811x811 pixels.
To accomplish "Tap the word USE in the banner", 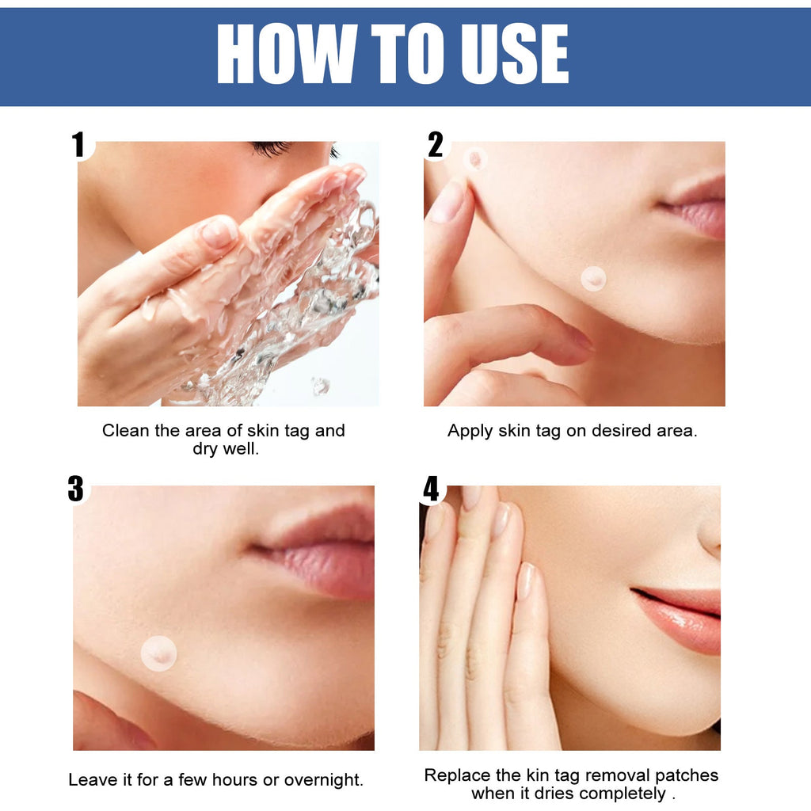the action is click(x=515, y=53).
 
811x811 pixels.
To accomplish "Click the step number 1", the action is click(x=78, y=144).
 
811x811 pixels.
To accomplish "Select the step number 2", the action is click(x=436, y=144).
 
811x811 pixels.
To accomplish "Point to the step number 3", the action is click(x=75, y=489).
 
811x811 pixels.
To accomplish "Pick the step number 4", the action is click(x=431, y=489).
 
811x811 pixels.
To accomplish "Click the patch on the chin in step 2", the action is click(x=593, y=279).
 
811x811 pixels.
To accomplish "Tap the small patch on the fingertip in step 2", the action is click(x=475, y=159).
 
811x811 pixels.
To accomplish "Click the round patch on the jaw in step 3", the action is click(x=158, y=653).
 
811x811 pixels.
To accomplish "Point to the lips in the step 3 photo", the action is click(x=315, y=554).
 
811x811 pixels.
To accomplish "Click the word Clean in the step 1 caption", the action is click(x=126, y=430).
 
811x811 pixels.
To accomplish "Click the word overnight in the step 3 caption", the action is click(x=323, y=780).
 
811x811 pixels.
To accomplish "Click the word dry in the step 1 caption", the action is click(x=204, y=449).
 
